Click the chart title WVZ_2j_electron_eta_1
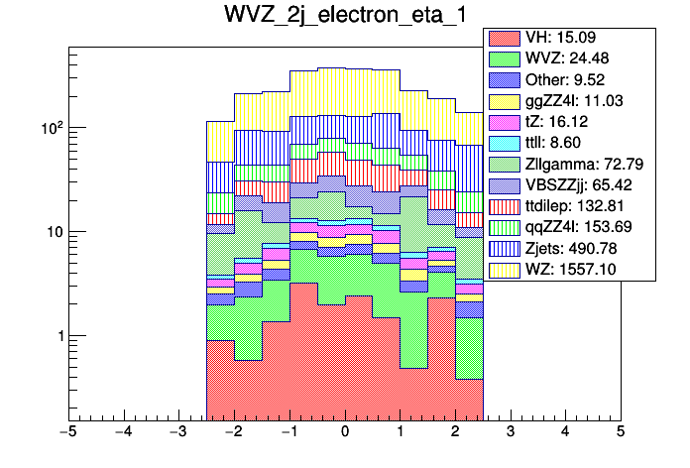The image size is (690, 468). click(344, 17)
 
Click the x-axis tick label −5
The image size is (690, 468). click(67, 432)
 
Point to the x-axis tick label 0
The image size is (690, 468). click(344, 432)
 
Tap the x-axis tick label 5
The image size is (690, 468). click(620, 432)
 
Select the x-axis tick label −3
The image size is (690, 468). click(177, 432)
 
